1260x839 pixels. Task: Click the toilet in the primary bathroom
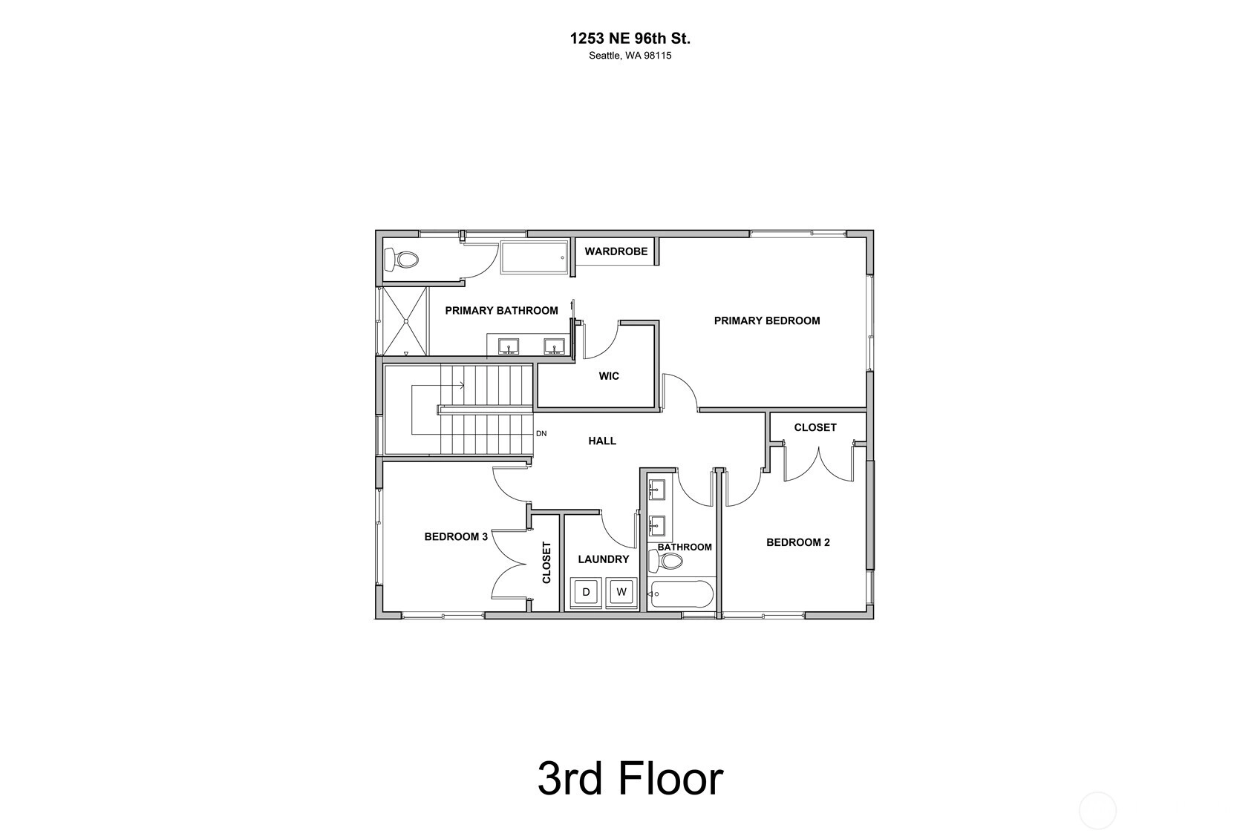pos(402,260)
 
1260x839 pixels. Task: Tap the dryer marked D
pos(586,592)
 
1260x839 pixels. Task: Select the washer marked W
pos(621,592)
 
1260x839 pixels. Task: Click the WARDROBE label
pos(616,251)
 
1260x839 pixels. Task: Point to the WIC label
pos(609,376)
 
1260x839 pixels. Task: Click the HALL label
pos(602,441)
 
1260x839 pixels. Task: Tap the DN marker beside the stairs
pos(541,434)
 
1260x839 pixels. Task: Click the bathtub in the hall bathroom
pos(681,594)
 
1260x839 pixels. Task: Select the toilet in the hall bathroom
pos(665,560)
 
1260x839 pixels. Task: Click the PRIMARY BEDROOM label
pos(767,321)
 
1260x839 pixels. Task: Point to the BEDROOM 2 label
pos(797,542)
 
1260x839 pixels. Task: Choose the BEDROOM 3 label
pos(456,536)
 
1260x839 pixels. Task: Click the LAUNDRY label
pos(603,559)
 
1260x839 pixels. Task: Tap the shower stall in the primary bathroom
pos(405,321)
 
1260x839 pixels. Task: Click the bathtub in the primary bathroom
pos(534,257)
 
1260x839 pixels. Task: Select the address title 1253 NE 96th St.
pos(630,39)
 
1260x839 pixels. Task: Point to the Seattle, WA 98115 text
pos(630,56)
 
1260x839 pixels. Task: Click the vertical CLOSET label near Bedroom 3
pos(546,562)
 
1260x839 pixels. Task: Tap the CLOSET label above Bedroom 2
pos(815,427)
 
